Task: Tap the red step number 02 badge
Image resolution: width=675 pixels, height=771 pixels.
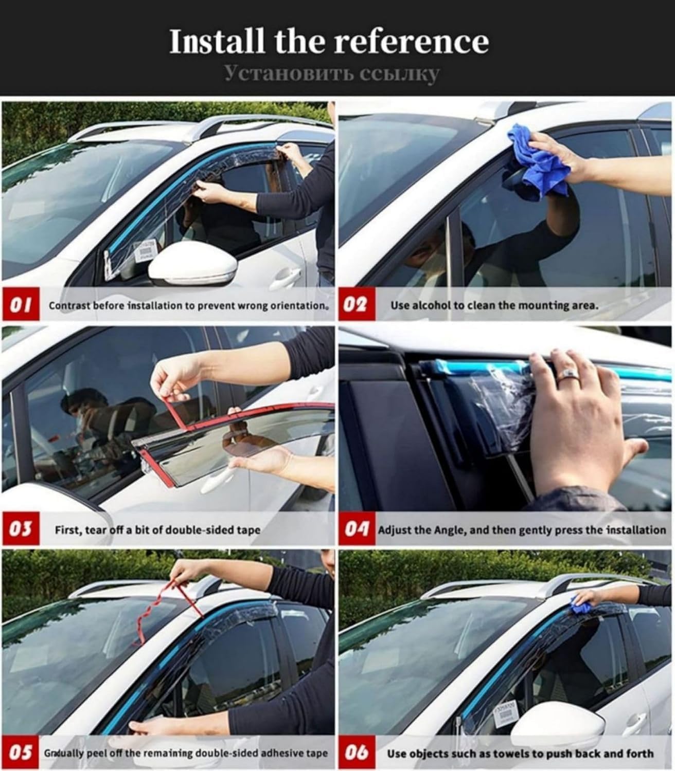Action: coord(356,305)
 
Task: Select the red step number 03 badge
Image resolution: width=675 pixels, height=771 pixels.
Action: coord(21,529)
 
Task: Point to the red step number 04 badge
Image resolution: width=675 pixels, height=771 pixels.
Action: coord(357,529)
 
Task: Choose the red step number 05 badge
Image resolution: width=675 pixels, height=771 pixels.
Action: coord(21,752)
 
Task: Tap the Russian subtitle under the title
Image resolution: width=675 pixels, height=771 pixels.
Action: coord(332,74)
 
